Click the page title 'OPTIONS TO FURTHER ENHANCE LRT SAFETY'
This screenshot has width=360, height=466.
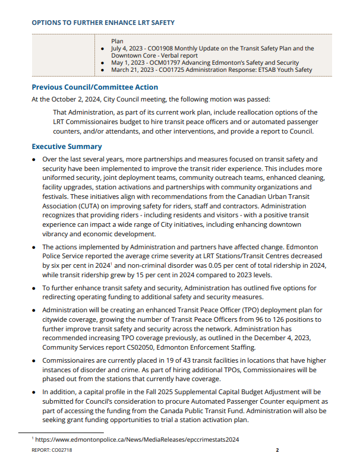(103, 23)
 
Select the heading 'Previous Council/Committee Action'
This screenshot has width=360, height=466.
(94, 87)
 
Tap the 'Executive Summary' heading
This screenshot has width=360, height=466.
(67, 147)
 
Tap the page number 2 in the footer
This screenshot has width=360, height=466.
(277, 450)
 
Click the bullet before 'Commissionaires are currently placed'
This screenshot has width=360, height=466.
(34, 360)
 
